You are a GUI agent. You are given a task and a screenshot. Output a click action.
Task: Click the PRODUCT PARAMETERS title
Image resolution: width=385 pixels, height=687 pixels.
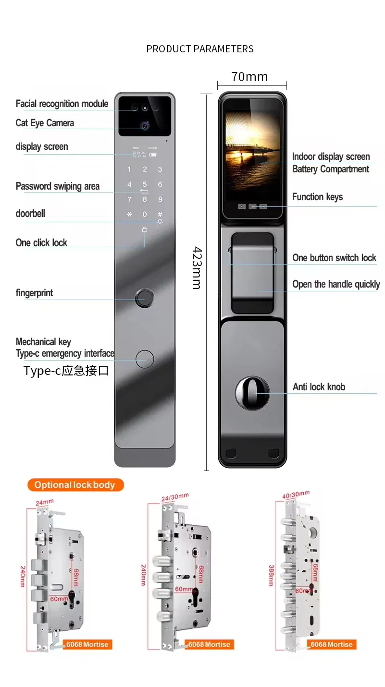(199, 49)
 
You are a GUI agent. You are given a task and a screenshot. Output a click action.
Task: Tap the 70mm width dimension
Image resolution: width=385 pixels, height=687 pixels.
(249, 77)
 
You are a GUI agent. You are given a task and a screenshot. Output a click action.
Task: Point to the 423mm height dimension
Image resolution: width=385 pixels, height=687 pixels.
(197, 268)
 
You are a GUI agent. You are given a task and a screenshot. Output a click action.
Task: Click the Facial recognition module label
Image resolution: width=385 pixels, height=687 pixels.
(62, 104)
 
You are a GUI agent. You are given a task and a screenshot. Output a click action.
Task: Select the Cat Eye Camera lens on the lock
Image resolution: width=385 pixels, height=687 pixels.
(144, 125)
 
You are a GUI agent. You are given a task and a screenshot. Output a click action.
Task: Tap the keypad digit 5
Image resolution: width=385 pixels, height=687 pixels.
(144, 184)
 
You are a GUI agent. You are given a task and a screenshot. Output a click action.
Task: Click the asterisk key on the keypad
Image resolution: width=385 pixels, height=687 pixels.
(129, 215)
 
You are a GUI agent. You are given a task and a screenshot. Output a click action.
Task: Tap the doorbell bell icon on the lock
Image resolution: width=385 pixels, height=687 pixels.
(160, 222)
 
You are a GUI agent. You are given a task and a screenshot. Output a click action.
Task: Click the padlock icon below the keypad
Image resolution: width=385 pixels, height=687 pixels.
(144, 229)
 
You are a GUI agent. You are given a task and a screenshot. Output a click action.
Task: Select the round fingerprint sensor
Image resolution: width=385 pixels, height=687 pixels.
(144, 298)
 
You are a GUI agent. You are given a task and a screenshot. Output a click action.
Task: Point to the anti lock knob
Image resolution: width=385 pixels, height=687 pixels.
(252, 393)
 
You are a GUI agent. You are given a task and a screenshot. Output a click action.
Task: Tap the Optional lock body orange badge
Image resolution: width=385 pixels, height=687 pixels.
(75, 485)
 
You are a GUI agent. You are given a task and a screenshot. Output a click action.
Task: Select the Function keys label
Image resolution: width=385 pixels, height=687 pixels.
(317, 197)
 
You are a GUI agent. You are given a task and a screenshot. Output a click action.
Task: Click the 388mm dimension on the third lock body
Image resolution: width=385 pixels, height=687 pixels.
(272, 575)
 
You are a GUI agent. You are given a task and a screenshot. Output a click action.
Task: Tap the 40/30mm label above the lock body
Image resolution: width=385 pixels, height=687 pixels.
(296, 495)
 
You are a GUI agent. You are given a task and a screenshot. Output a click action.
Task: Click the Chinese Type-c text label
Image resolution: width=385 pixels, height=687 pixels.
(66, 371)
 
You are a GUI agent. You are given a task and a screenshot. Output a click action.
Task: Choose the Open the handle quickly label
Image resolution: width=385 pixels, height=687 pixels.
(336, 284)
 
